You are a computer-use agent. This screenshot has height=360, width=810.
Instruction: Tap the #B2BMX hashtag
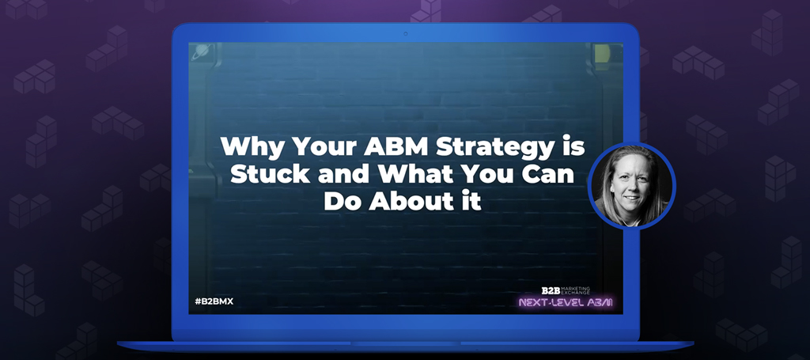point(214,301)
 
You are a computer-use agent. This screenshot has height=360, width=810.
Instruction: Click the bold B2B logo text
point(551,291)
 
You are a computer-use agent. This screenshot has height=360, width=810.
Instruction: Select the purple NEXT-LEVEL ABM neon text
point(565,303)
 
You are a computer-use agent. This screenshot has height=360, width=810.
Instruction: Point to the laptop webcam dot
point(406,34)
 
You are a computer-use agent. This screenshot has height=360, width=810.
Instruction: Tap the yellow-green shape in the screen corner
point(602,53)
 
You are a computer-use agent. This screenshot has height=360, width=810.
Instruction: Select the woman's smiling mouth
point(632,199)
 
